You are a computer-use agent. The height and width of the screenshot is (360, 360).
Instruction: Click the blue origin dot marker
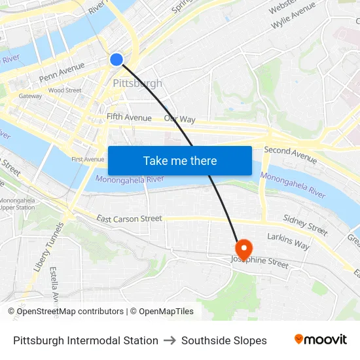117,60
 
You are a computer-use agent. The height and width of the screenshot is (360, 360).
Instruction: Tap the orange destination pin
243,249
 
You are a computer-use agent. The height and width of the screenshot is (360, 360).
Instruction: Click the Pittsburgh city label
137,83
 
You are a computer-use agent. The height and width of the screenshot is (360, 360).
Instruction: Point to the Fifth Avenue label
129,118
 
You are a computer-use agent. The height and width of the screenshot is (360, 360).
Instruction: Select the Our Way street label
179,119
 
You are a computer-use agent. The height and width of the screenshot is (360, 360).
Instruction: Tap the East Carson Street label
129,219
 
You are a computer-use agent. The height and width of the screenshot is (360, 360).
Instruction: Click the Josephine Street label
260,263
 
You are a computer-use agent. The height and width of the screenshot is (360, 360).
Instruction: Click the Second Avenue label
290,154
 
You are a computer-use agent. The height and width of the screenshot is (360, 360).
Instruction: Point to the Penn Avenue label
62,72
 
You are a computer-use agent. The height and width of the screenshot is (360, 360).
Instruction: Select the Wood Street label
64,90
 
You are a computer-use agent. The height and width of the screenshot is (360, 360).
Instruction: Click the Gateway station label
30,96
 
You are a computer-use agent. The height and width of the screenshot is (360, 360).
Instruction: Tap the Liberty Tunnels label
40,249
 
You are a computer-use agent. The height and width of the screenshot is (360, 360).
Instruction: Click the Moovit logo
321,340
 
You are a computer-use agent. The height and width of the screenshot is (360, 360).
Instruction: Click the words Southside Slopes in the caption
224,340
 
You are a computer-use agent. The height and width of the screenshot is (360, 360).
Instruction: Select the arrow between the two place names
170,340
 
